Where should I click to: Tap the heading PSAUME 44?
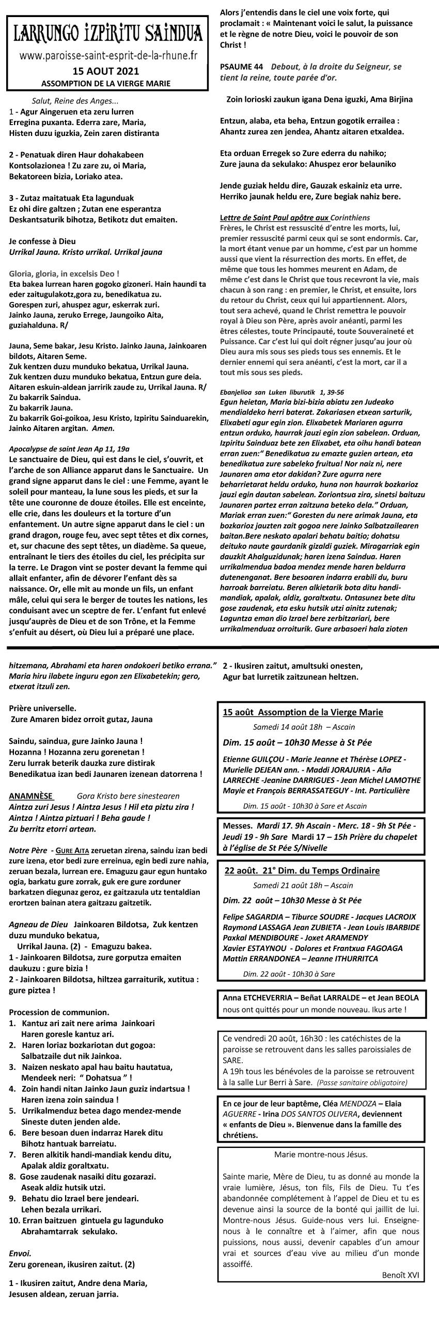241,67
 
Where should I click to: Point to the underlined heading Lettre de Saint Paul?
274,217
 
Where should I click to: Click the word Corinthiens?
350,217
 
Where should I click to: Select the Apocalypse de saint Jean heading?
70,449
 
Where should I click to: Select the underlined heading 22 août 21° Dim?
302,870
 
